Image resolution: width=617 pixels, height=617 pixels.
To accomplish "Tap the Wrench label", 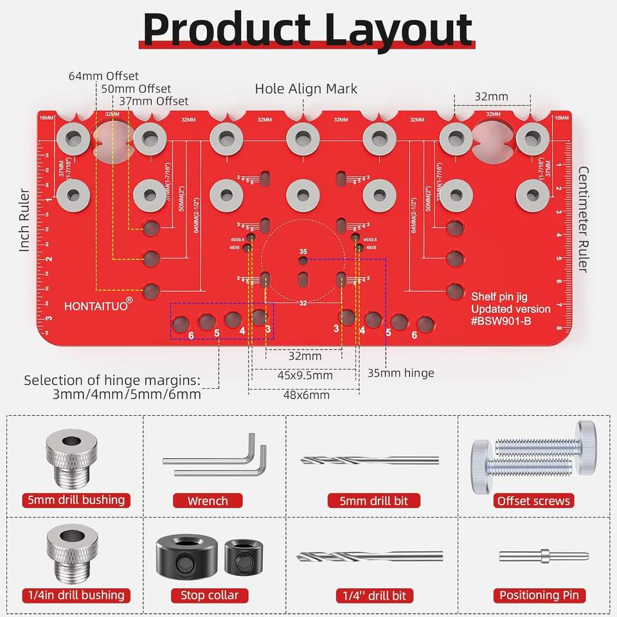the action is [x=208, y=501].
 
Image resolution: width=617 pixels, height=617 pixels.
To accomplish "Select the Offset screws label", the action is [x=533, y=501].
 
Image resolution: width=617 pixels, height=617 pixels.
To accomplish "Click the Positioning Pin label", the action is [x=539, y=595].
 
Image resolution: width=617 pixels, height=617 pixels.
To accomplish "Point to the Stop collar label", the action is [x=210, y=595].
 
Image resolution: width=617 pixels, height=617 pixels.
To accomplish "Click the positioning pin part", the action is [x=543, y=556].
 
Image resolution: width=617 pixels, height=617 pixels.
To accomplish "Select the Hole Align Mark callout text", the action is [x=306, y=89].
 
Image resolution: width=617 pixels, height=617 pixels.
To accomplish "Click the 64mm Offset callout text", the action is [x=103, y=76].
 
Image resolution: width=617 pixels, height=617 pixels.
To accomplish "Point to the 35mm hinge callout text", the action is [x=400, y=373].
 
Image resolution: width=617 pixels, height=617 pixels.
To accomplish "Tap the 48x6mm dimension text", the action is [x=306, y=395].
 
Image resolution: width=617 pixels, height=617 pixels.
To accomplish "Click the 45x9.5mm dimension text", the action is [x=305, y=375].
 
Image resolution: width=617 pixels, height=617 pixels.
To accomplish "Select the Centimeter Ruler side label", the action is [x=584, y=219].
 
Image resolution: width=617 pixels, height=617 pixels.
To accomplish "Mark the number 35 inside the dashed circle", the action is [x=303, y=251].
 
